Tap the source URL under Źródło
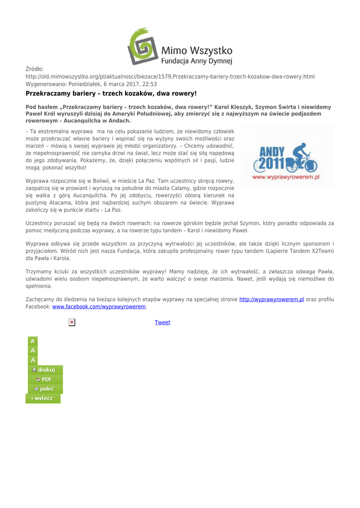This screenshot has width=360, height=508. coord(170,76)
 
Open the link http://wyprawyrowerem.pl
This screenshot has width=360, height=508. coord(271,300)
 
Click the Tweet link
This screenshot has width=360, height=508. coord(162,322)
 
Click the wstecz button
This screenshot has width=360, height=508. coord(43,398)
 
